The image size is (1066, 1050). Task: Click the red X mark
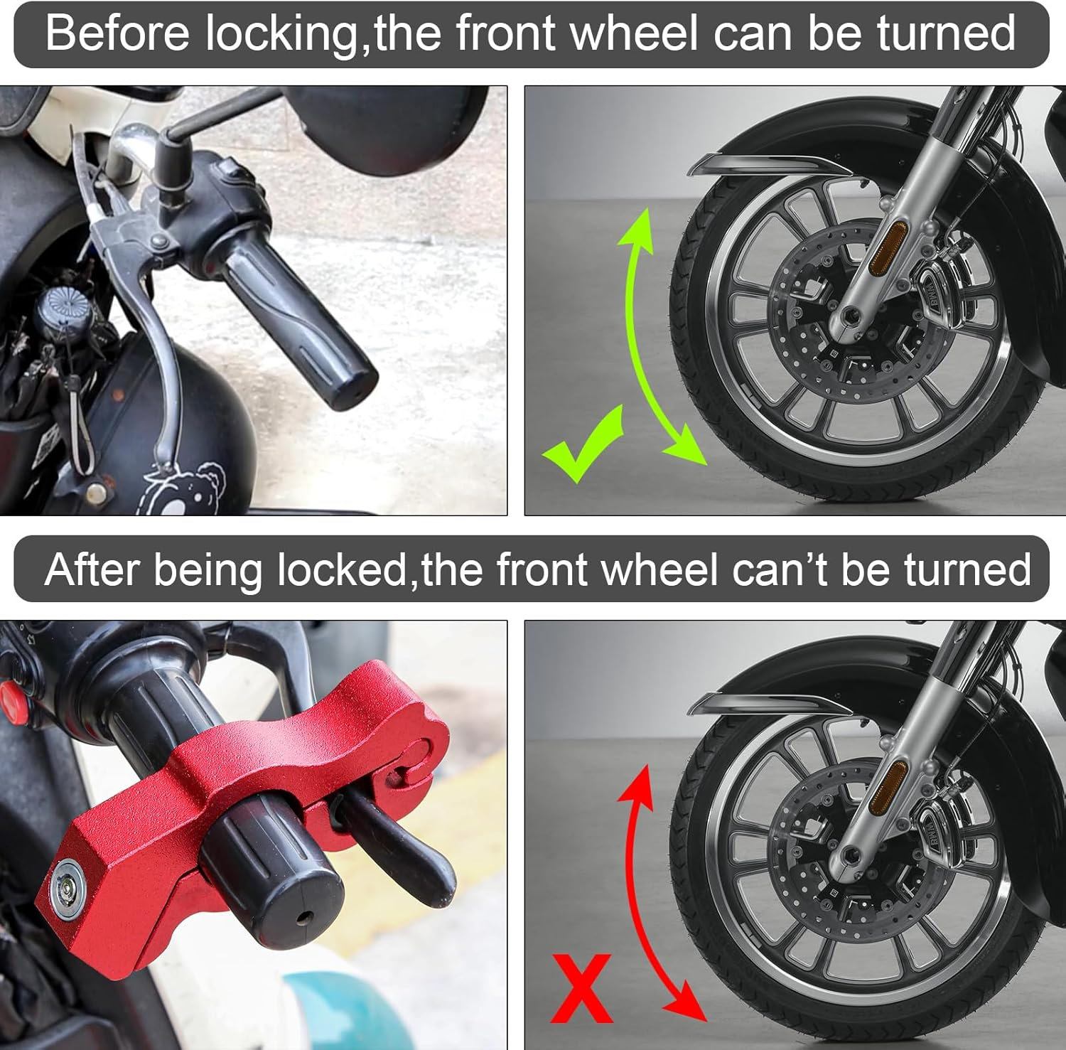click(581, 987)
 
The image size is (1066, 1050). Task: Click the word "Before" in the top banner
click(117, 33)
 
